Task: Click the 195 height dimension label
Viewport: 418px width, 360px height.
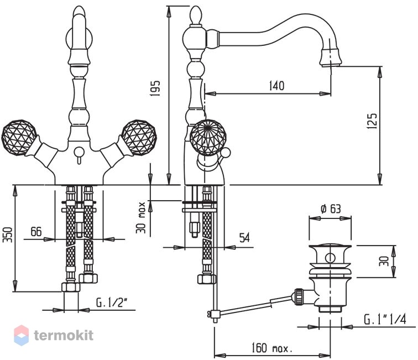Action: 155,88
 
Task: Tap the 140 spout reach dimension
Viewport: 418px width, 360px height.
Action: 276,86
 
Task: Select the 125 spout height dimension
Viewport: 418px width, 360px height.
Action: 372,121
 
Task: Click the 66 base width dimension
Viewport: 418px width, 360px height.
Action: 36,232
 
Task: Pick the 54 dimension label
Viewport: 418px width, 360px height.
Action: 244,238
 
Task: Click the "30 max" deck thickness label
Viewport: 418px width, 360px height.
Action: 141,217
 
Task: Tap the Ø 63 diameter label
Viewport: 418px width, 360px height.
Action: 331,209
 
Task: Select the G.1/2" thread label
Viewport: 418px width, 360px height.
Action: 111,302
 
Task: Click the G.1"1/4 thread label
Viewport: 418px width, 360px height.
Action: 385,319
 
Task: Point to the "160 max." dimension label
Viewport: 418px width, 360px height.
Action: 272,348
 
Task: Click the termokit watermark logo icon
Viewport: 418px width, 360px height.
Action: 22,335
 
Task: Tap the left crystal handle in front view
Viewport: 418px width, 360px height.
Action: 19,137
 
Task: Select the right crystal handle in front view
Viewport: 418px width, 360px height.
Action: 139,137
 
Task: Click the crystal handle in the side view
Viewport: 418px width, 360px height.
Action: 208,137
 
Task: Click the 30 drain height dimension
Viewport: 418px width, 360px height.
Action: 384,261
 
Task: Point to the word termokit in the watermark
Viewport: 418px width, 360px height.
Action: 64,335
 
